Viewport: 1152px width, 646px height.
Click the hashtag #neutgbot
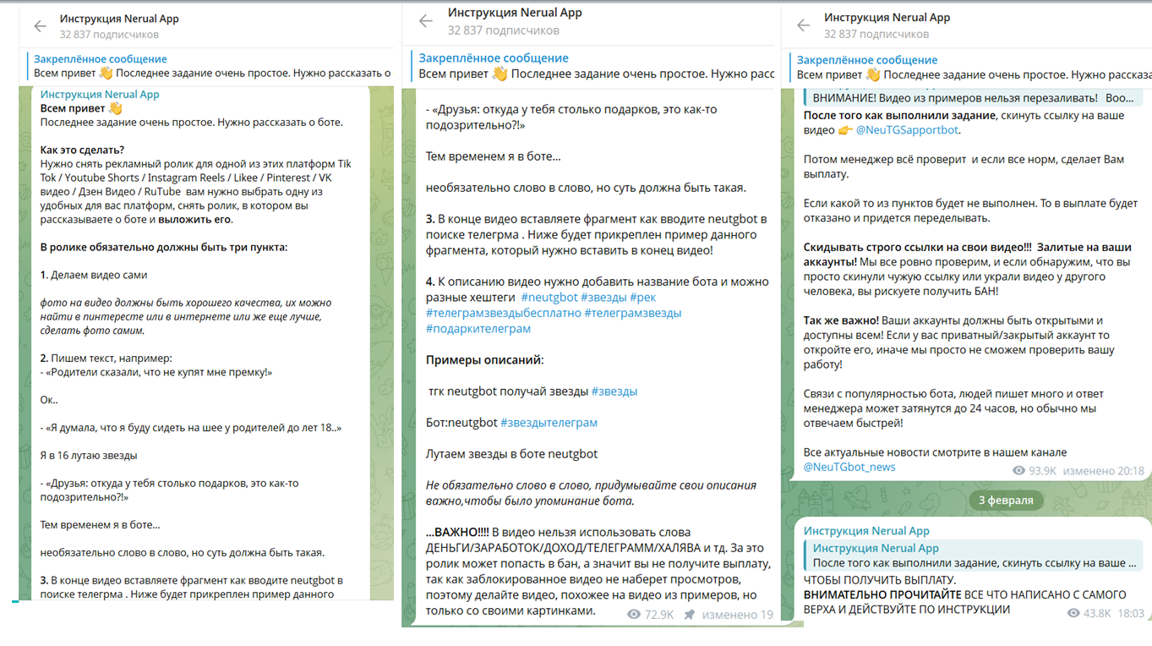(549, 297)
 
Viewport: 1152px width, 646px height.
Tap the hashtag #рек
(642, 297)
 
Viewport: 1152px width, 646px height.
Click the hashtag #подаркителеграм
(478, 328)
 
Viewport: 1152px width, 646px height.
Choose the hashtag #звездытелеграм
(549, 422)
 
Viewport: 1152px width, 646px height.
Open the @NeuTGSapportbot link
(908, 130)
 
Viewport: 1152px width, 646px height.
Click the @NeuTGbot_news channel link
(849, 467)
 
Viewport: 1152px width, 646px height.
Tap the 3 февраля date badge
(1006, 500)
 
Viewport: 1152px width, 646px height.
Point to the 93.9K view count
(1042, 471)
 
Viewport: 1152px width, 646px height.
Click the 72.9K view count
(658, 615)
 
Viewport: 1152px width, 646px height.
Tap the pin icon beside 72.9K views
(690, 615)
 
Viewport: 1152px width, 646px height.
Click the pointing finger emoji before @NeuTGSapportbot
(845, 130)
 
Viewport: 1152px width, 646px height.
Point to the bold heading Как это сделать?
(82, 150)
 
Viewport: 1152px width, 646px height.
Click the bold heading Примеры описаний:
(484, 359)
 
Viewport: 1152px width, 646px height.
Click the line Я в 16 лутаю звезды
(89, 455)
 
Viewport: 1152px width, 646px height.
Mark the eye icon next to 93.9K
(1018, 471)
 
